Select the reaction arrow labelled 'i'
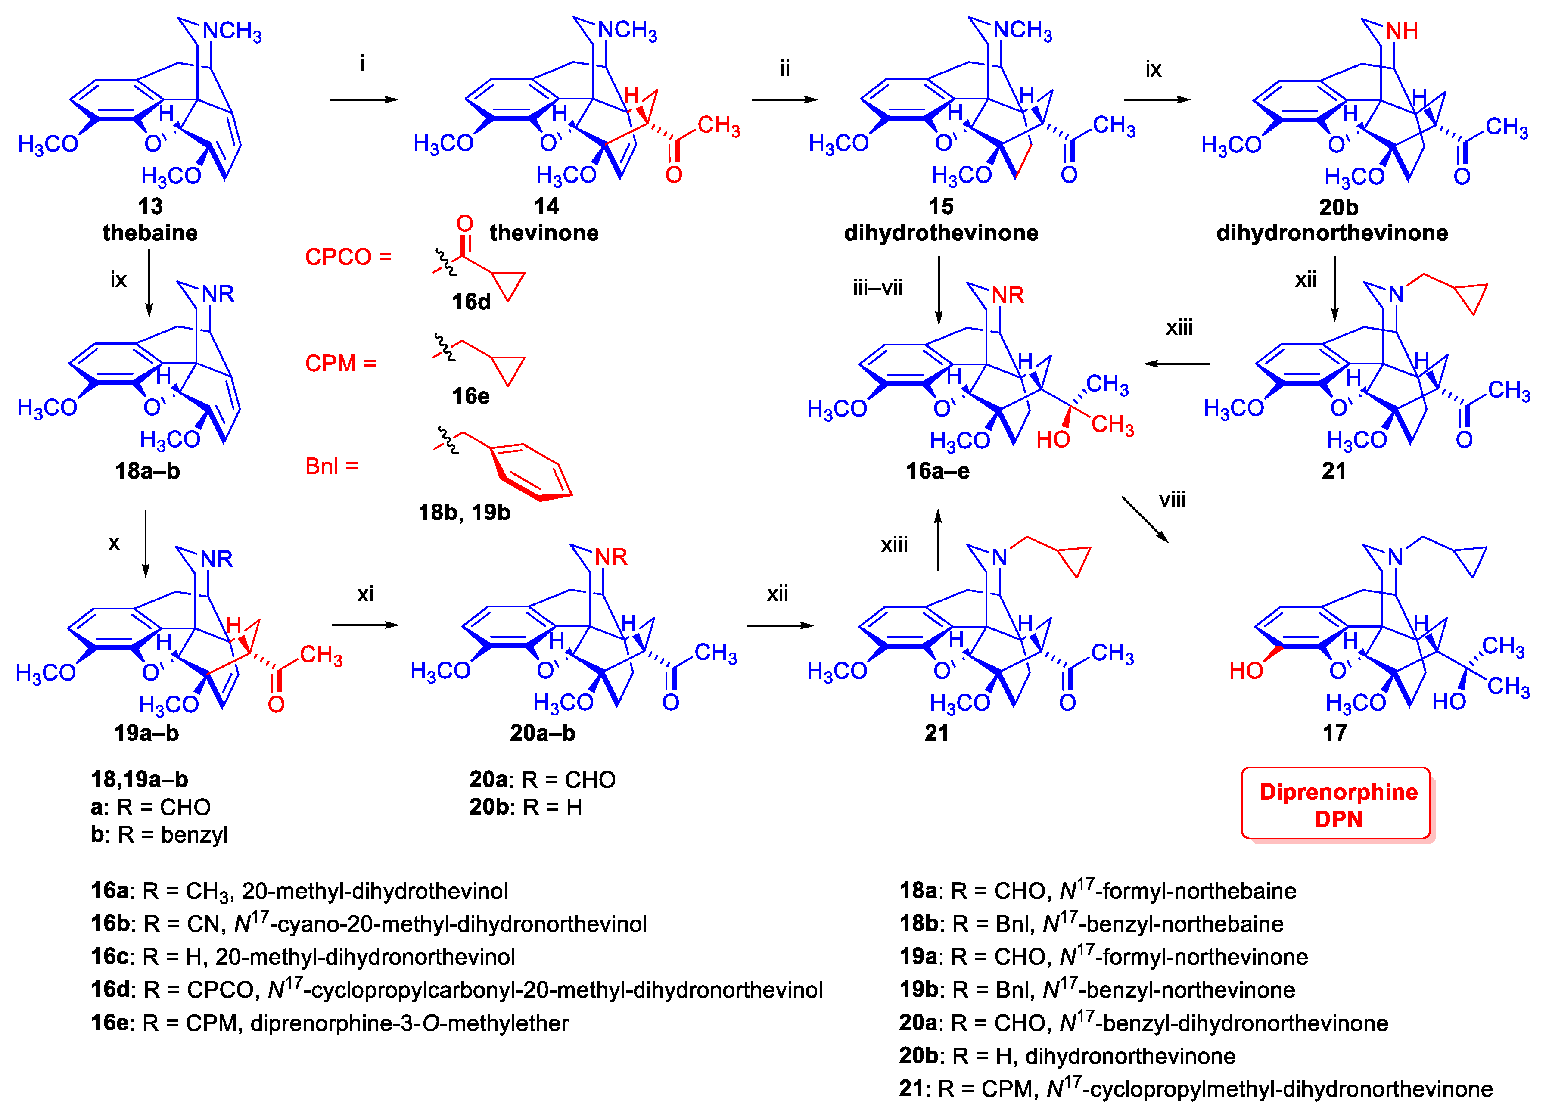pyautogui.click(x=364, y=99)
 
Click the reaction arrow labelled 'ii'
pyautogui.click(x=784, y=99)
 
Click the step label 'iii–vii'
pyautogui.click(x=877, y=287)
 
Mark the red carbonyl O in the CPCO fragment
pyautogui.click(x=464, y=223)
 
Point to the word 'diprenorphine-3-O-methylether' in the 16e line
pyautogui.click(x=409, y=1023)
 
